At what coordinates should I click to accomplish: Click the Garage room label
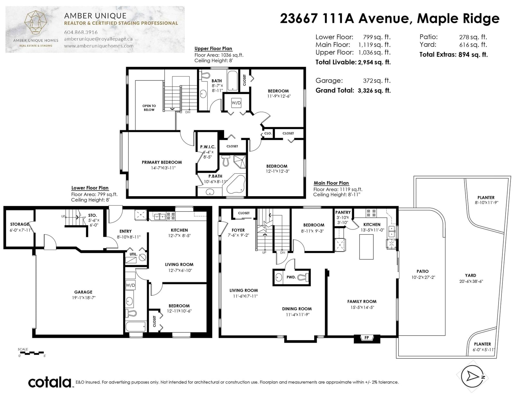[83, 292]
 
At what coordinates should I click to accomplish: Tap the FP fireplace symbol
[367, 338]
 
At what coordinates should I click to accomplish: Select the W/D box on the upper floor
[236, 103]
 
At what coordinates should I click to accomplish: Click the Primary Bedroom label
[162, 162]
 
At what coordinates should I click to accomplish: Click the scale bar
[31, 353]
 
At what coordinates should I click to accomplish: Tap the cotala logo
[50, 382]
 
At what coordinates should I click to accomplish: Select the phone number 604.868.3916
[81, 32]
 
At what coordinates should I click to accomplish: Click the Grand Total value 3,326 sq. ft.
[374, 90]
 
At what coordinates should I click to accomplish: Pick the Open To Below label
[149, 108]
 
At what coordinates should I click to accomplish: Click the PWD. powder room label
[291, 277]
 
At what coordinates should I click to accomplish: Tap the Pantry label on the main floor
[343, 212]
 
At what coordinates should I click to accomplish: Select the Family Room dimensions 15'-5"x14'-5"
[362, 307]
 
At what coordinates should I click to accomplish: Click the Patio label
[423, 271]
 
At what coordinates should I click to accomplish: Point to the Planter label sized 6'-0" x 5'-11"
[482, 344]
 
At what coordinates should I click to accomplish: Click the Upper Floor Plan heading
[213, 49]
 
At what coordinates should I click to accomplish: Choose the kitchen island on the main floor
[366, 247]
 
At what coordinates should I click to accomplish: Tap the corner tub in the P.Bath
[236, 184]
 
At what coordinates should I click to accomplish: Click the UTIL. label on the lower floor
[134, 254]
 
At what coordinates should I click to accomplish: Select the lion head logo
[35, 23]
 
